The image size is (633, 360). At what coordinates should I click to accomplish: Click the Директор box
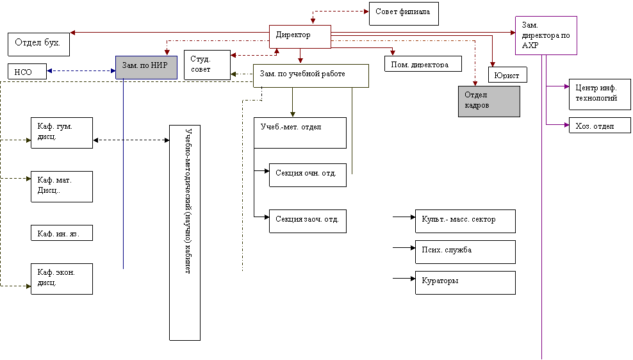point(300,37)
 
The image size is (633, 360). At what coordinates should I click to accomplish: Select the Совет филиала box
point(404,13)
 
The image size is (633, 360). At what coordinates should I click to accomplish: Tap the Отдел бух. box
point(38,44)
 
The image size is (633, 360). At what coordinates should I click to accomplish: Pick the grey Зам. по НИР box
point(146,67)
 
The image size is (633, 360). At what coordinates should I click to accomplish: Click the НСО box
point(27,72)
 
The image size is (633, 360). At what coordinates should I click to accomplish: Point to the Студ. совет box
point(207,65)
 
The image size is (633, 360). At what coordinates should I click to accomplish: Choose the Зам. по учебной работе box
point(311,76)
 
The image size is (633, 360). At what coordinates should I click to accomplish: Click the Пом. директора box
point(423,64)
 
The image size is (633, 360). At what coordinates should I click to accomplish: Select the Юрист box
point(507,75)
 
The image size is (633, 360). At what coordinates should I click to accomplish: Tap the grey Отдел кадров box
point(489,101)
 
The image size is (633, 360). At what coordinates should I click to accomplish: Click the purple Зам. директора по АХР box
point(547,35)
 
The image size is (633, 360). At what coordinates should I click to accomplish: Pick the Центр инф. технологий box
point(600,94)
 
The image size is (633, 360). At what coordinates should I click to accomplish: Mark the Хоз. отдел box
point(600,125)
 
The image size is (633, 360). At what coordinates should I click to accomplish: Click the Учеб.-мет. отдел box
point(300,133)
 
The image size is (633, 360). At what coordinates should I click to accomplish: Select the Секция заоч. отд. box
point(308,221)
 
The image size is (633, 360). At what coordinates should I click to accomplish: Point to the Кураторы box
point(466,282)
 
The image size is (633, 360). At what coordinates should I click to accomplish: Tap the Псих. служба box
point(466,252)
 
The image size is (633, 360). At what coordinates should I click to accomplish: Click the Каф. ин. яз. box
point(62,233)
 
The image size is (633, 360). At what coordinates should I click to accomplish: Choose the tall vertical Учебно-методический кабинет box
point(185,233)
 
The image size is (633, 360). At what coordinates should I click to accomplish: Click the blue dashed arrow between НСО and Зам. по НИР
point(81,71)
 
